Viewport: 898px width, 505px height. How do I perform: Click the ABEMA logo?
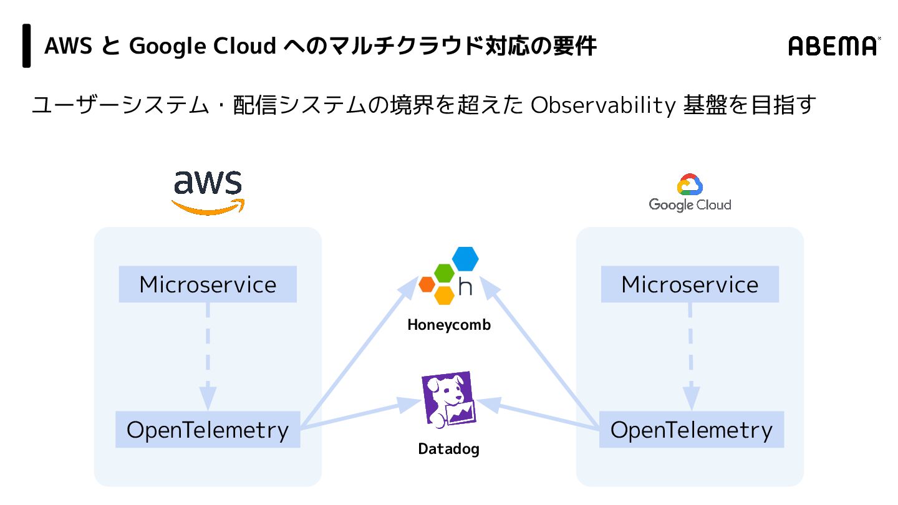pyautogui.click(x=834, y=46)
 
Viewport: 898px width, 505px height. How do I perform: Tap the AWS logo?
pyautogui.click(x=208, y=191)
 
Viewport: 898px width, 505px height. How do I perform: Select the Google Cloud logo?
pyautogui.click(x=690, y=193)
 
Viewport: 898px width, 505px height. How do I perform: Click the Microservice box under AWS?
pyautogui.click(x=208, y=285)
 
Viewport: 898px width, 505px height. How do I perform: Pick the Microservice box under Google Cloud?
pyautogui.click(x=690, y=285)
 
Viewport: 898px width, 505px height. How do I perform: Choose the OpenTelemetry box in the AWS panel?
pyautogui.click(x=208, y=430)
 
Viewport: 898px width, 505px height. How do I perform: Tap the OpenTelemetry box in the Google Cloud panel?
pyautogui.click(x=691, y=430)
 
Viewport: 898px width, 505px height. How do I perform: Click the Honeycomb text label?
pyautogui.click(x=449, y=325)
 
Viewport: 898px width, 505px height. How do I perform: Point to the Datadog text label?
pyautogui.click(x=448, y=449)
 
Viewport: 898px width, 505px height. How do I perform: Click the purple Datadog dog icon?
pyautogui.click(x=448, y=400)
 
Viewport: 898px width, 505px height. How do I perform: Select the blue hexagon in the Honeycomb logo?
pyautogui.click(x=465, y=259)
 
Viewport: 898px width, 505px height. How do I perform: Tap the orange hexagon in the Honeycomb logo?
pyautogui.click(x=427, y=284)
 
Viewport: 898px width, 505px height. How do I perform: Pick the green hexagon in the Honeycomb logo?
pyautogui.click(x=445, y=273)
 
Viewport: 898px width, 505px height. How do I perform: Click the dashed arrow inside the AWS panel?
pyautogui.click(x=208, y=355)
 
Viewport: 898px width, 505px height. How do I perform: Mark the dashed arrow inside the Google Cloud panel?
pyautogui.click(x=690, y=355)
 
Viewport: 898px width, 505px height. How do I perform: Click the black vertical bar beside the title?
pyautogui.click(x=27, y=46)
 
